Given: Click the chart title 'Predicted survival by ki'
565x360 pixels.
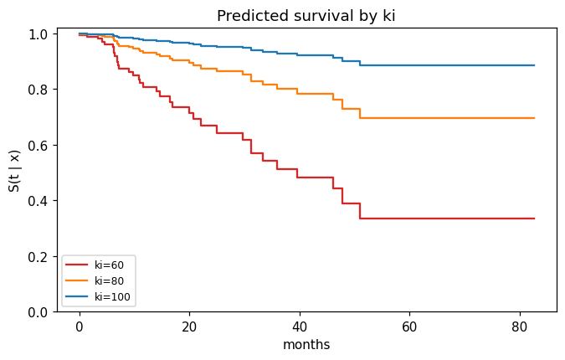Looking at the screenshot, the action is pos(306,16).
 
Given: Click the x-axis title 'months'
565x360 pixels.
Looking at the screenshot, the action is pos(306,344).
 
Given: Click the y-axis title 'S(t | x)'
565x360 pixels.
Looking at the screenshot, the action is pos(15,171).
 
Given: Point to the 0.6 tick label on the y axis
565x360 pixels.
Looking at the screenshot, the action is pos(38,145).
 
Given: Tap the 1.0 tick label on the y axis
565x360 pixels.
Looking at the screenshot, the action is pos(38,34).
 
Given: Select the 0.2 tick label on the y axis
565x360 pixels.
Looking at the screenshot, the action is pos(38,256).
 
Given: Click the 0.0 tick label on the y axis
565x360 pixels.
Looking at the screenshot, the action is pos(38,312).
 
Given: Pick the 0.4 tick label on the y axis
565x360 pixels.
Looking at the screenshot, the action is pos(38,201).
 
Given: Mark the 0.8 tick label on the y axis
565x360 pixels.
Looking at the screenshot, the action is pos(38,90).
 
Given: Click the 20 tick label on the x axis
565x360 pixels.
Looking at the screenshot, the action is pos(189,327).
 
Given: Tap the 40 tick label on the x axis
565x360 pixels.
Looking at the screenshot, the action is pos(300,327).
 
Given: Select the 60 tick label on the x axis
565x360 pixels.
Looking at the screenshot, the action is pos(409,327).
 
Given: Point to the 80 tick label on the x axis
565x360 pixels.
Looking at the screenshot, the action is pos(520,327).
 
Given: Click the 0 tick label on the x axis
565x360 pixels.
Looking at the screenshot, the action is pos(80,327).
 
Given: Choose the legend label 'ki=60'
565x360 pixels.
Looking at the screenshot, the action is pos(109,265).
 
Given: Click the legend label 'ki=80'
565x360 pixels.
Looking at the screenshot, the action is pos(109,280).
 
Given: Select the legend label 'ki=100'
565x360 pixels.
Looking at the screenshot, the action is pos(112,296).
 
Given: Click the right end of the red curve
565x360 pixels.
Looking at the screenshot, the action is pos(534,219).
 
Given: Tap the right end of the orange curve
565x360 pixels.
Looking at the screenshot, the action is pos(534,118).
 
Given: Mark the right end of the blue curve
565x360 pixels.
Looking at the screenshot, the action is pos(534,65).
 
